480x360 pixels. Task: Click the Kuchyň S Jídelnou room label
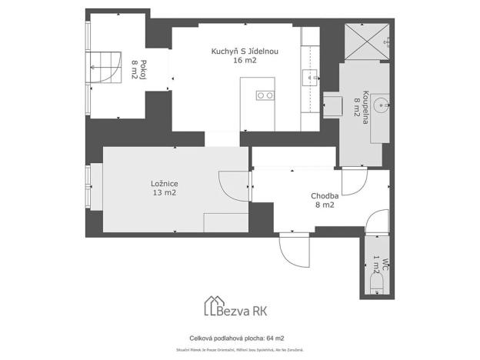pos(245,52)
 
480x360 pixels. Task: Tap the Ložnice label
pos(165,184)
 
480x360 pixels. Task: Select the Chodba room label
pos(323,195)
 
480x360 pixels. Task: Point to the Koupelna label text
pos(368,103)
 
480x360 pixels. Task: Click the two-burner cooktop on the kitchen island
pos(265,95)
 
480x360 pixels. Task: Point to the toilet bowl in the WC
pos(377,287)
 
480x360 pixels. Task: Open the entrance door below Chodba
pos(295,248)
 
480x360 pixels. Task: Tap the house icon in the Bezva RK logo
pos(212,306)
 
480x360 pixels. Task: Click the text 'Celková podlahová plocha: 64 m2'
pos(237,338)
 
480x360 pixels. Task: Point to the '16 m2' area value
pos(245,60)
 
